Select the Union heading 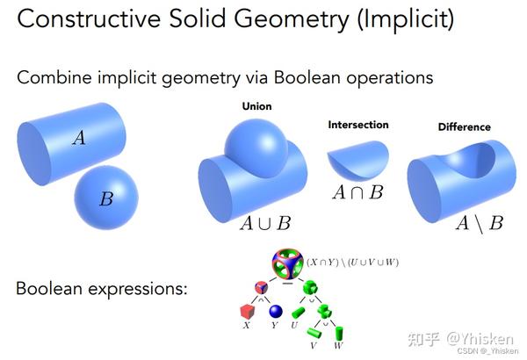point(256,106)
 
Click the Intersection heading point(357,125)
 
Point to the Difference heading point(464,127)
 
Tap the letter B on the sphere point(105,199)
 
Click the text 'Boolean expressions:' point(102,287)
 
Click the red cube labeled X point(247,312)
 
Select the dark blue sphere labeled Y point(275,312)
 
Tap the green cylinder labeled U point(297,312)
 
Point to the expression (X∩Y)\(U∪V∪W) point(353,262)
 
